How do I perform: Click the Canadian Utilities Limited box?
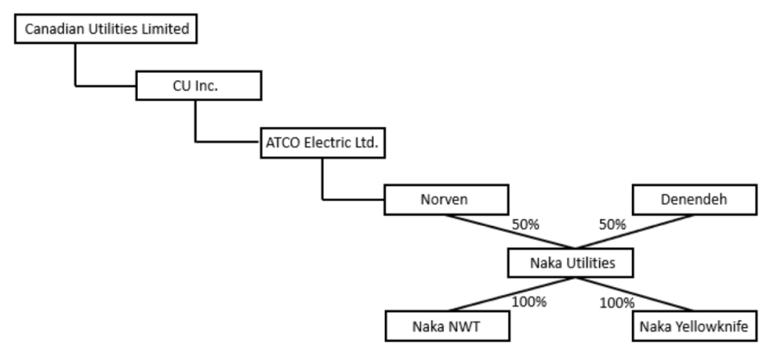click(x=107, y=30)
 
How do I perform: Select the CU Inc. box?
click(x=198, y=86)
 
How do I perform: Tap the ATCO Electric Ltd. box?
click(x=322, y=144)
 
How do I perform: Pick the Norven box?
click(x=446, y=200)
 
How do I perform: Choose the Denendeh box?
click(x=694, y=200)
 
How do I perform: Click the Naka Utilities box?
click(x=571, y=262)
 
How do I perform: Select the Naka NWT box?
click(x=446, y=327)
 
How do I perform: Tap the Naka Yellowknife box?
click(x=694, y=327)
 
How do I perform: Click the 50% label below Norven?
click(x=525, y=225)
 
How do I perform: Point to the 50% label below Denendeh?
click(x=612, y=225)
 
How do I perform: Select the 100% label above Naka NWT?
click(x=529, y=302)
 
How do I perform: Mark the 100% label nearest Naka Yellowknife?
click(x=617, y=302)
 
